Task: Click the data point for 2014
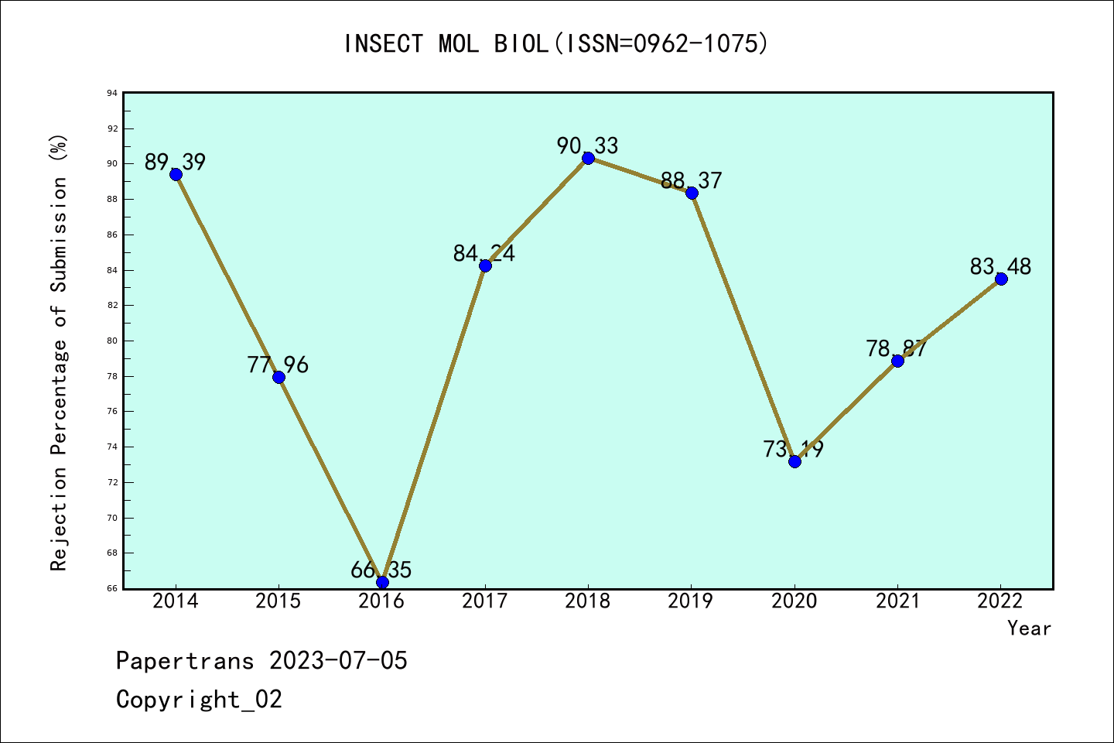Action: click(176, 174)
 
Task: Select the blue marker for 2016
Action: click(382, 582)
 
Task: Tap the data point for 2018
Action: click(588, 158)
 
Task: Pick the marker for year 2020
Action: click(794, 461)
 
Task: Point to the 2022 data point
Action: click(1001, 279)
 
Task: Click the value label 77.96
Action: click(278, 365)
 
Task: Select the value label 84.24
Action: click(484, 253)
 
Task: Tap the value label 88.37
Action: click(691, 180)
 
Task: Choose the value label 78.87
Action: click(897, 348)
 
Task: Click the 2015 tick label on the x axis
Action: click(278, 601)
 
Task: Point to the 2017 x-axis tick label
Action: click(485, 601)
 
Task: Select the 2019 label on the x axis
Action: click(691, 601)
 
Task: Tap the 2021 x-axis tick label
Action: click(897, 601)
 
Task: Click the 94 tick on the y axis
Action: click(112, 93)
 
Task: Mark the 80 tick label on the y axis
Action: click(112, 341)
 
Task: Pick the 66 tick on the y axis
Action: click(112, 588)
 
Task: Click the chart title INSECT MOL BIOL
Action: click(556, 43)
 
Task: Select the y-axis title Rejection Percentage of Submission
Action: click(60, 352)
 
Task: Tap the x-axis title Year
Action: click(1029, 628)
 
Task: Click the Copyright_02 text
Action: click(199, 700)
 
